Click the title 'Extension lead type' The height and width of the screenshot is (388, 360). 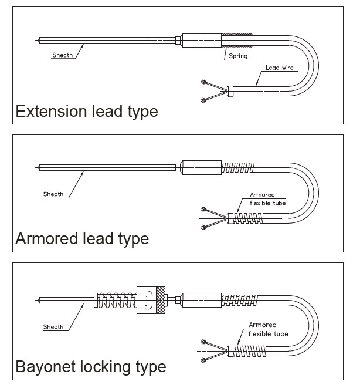click(86, 111)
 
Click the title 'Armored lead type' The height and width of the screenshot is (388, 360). click(82, 239)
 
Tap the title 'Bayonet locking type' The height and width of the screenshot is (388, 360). click(91, 367)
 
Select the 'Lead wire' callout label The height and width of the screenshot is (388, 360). click(279, 68)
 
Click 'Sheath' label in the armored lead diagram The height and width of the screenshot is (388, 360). click(53, 194)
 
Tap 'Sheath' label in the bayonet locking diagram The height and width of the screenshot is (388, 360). click(53, 327)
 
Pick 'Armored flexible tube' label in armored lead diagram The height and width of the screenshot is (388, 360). click(267, 199)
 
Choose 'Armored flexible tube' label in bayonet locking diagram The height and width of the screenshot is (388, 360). click(267, 329)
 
